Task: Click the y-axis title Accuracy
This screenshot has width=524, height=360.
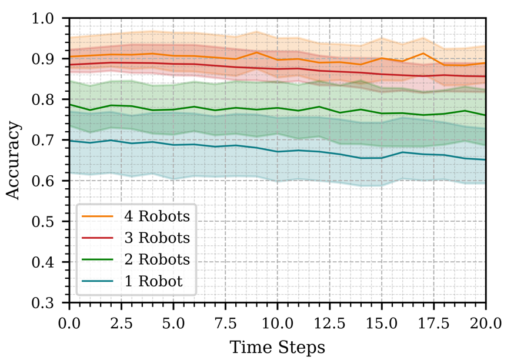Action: (x=13, y=161)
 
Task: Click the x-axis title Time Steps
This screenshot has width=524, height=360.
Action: (x=277, y=347)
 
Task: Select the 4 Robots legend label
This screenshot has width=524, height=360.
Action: (x=157, y=216)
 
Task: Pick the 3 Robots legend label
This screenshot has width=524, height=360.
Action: (x=157, y=238)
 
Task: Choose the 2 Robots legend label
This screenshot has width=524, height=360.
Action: (x=157, y=260)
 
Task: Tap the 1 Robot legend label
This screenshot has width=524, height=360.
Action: (x=153, y=282)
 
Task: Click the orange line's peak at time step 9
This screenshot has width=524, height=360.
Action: (x=257, y=52)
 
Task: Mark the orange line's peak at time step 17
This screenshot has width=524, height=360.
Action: (x=423, y=53)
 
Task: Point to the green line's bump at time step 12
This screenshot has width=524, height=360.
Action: (x=319, y=106)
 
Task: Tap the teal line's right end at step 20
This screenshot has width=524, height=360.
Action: (x=485, y=159)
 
